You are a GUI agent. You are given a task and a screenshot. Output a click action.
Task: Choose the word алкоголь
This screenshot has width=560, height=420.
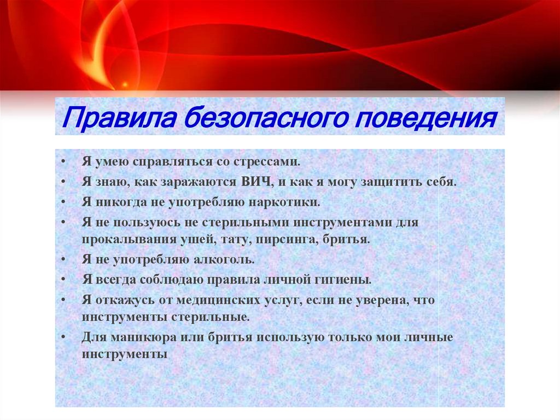point(225,260)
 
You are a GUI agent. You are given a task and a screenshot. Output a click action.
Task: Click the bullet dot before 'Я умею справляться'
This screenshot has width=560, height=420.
point(64,163)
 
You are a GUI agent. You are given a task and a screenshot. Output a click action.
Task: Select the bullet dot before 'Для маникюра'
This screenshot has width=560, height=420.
point(64,337)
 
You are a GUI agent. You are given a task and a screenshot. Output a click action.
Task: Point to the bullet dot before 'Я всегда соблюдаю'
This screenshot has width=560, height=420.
point(64,279)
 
